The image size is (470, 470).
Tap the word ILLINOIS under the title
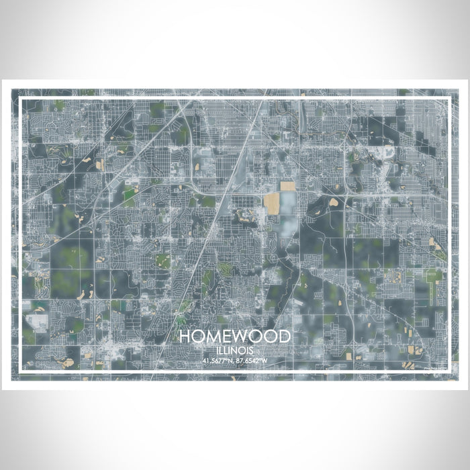(x=235, y=350)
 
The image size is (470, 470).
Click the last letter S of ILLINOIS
(x=252, y=350)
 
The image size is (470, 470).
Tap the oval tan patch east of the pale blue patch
(x=334, y=201)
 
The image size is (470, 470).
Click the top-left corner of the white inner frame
(x=22, y=99)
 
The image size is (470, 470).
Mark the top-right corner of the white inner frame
(x=448, y=99)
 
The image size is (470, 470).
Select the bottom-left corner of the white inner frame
(x=22, y=371)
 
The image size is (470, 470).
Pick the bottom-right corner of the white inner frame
(x=448, y=371)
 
